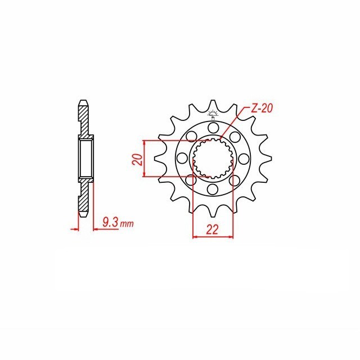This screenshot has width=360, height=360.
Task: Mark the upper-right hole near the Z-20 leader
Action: click(235, 137)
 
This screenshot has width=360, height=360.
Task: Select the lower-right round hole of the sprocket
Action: click(235, 181)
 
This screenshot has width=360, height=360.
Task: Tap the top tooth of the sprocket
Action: click(213, 105)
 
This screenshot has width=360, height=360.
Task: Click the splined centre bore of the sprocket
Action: click(213, 159)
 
